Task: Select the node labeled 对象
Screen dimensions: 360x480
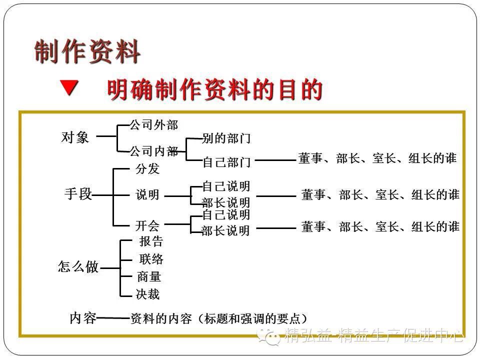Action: pyautogui.click(x=75, y=137)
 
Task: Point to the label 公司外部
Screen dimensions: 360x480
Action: pyautogui.click(x=153, y=124)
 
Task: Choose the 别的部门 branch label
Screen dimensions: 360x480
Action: pyautogui.click(x=226, y=138)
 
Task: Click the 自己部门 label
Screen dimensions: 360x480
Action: pyautogui.click(x=226, y=162)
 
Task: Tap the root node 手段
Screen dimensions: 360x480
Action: pyautogui.click(x=78, y=194)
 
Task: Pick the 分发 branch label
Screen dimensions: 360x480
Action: pyautogui.click(x=147, y=169)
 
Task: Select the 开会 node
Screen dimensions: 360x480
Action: pyautogui.click(x=147, y=225)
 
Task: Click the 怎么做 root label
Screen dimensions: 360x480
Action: pyautogui.click(x=78, y=267)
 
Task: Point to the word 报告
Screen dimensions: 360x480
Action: pyautogui.click(x=151, y=241)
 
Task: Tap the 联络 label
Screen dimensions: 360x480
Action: pyautogui.click(x=151, y=259)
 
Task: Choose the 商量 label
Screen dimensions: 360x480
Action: pyautogui.click(x=149, y=276)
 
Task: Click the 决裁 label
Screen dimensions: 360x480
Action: pyautogui.click(x=148, y=294)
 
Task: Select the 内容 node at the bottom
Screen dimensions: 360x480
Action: pyautogui.click(x=83, y=318)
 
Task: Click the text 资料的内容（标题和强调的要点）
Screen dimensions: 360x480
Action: pyautogui.click(x=219, y=318)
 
